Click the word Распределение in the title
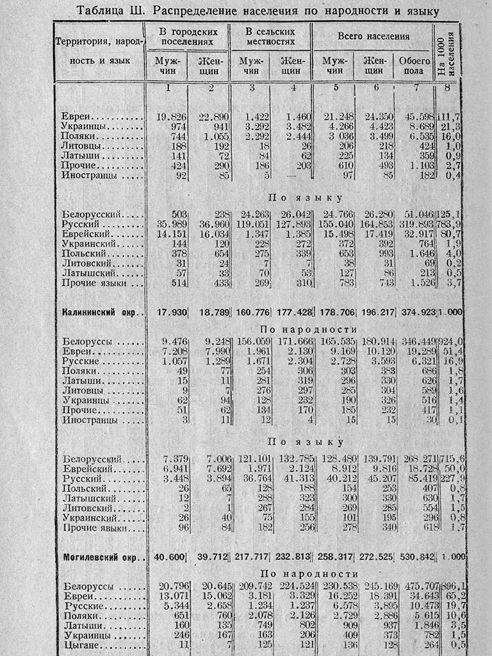pyautogui.click(x=199, y=11)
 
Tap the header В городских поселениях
pyautogui.click(x=188, y=37)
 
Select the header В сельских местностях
pyautogui.click(x=270, y=37)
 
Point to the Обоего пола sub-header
pyautogui.click(x=414, y=65)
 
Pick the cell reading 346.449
pyautogui.click(x=414, y=341)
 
